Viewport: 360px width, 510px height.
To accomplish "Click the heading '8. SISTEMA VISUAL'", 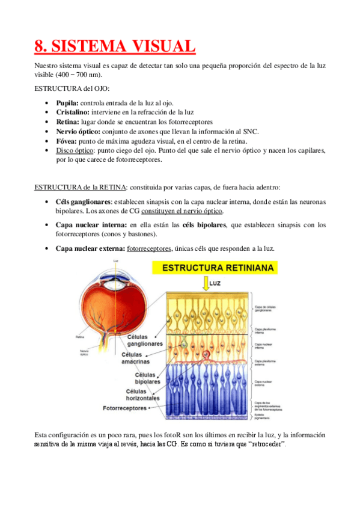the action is (x=115, y=46).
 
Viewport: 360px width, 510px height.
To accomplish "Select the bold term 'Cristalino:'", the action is (x=73, y=112).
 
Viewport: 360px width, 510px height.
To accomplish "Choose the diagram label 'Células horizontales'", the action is (x=142, y=394).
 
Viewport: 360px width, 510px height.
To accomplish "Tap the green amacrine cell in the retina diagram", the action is (x=187, y=344).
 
